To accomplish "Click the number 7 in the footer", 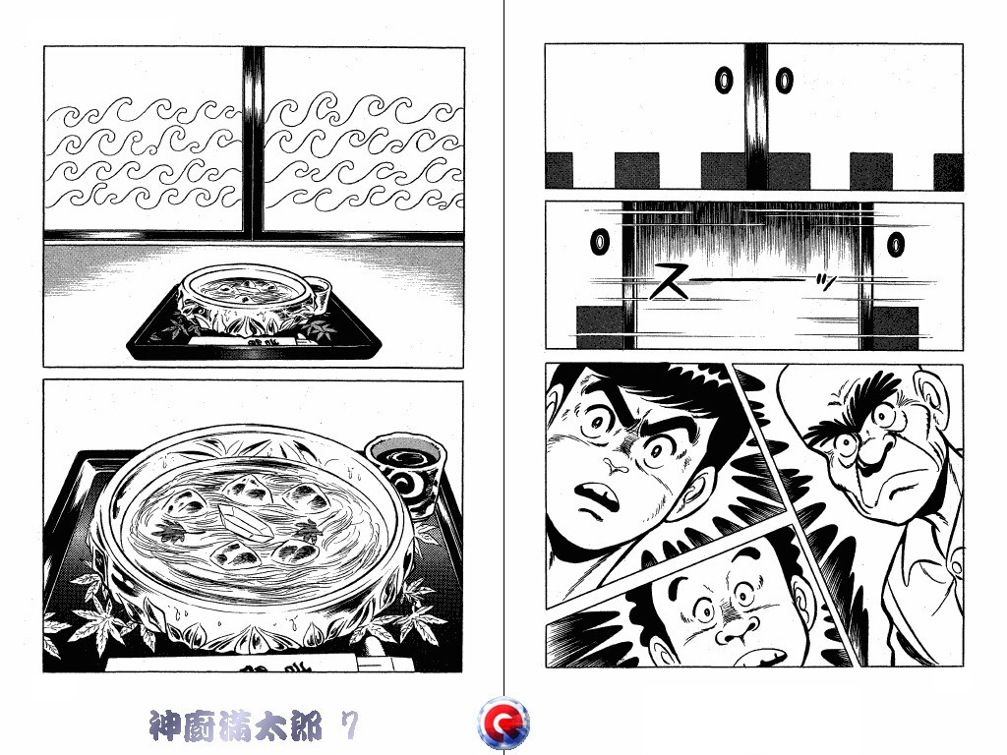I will [x=348, y=726].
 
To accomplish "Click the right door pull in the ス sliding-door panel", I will [x=897, y=242].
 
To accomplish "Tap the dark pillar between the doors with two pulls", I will [x=755, y=113].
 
